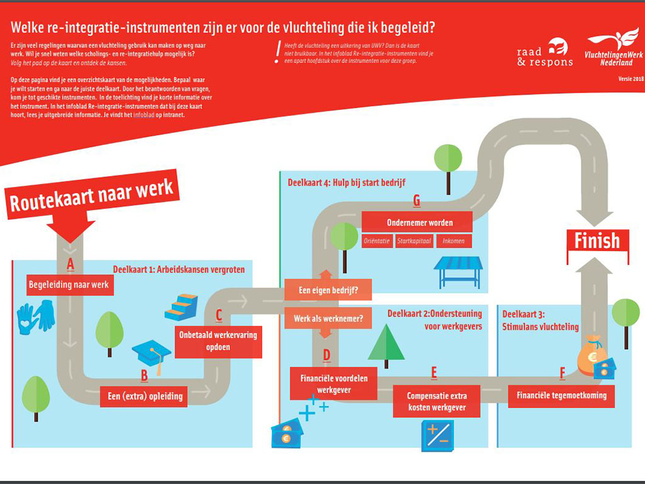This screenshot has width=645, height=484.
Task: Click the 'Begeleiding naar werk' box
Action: pyautogui.click(x=69, y=285)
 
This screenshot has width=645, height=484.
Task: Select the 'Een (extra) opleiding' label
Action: pyautogui.click(x=144, y=396)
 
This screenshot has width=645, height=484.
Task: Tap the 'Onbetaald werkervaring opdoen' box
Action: pyautogui.click(x=218, y=341)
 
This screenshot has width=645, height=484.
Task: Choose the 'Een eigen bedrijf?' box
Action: pyautogui.click(x=328, y=290)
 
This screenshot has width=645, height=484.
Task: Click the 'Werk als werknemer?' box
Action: pyautogui.click(x=328, y=319)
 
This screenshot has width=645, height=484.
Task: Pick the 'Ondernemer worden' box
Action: pyautogui.click(x=416, y=222)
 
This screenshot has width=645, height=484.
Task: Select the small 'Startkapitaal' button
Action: pyautogui.click(x=413, y=241)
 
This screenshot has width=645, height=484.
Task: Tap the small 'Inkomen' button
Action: pyautogui.click(x=454, y=241)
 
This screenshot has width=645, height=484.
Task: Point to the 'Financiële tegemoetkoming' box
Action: pyautogui.click(x=561, y=396)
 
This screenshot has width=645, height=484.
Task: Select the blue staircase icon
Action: pyautogui.click(x=181, y=306)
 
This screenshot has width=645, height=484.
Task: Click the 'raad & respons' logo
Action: pyautogui.click(x=545, y=53)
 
